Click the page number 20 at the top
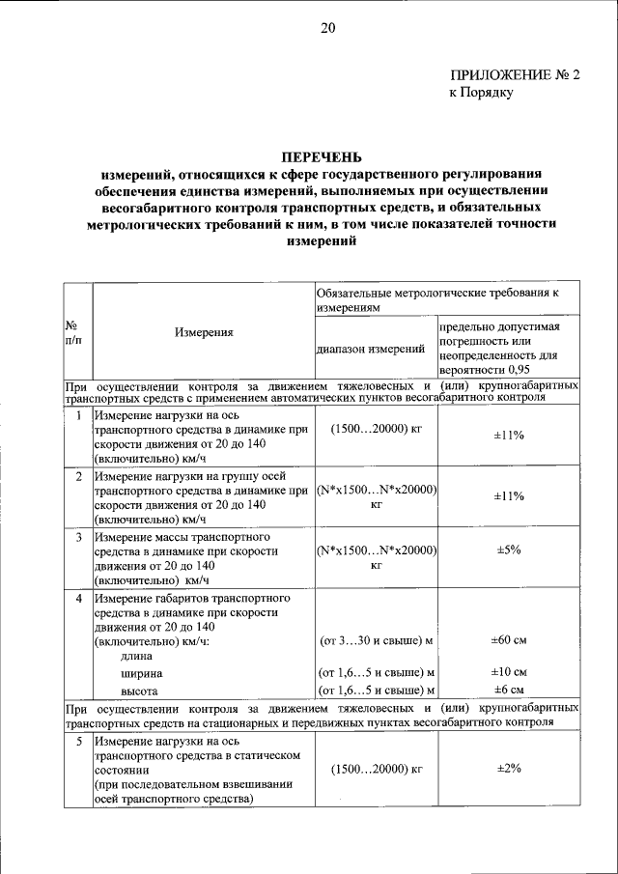pyautogui.click(x=327, y=28)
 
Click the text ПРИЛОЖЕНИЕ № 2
pyautogui.click(x=515, y=75)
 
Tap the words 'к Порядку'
pyautogui.click(x=480, y=94)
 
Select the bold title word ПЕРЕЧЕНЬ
pyautogui.click(x=322, y=157)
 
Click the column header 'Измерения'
pyautogui.click(x=204, y=332)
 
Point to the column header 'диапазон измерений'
pyautogui.click(x=372, y=349)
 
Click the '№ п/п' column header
pyautogui.click(x=72, y=333)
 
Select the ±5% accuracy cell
pyautogui.click(x=509, y=550)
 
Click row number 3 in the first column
pyautogui.click(x=78, y=536)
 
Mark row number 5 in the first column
pyautogui.click(x=78, y=740)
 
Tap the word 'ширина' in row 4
pyautogui.click(x=141, y=673)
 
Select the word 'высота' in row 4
pyautogui.click(x=139, y=691)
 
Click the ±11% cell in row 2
pyautogui.click(x=509, y=495)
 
